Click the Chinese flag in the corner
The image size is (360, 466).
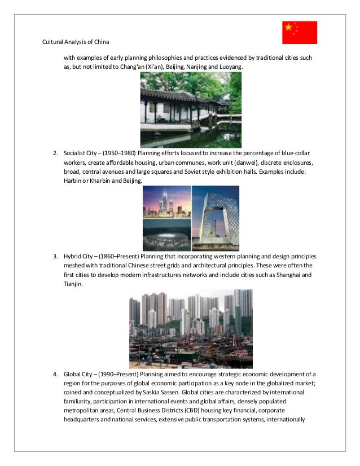click(300, 32)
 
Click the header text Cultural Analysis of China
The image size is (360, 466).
click(76, 43)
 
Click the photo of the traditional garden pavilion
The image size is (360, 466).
click(191, 109)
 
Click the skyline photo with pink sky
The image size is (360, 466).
click(166, 202)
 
